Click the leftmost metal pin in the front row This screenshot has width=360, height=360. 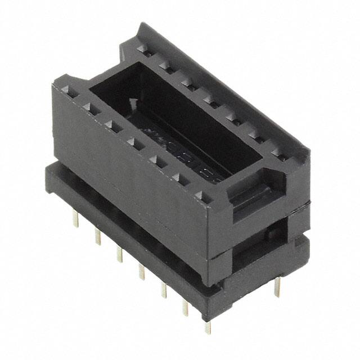coord(76,219)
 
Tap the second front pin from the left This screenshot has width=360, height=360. coord(97,236)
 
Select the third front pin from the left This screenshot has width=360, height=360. coord(119,254)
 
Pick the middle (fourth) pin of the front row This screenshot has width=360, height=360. coord(141,271)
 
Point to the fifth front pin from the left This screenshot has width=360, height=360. coord(164,290)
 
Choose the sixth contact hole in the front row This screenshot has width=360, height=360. coord(179,179)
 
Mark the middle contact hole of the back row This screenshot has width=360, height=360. coord(210,101)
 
